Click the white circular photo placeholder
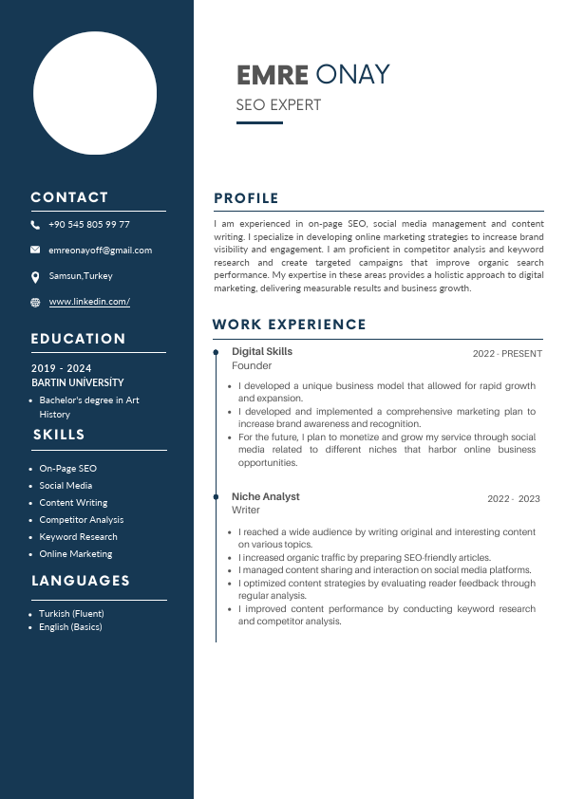(95, 93)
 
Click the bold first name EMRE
(273, 75)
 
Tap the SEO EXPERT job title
(278, 105)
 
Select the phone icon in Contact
(35, 225)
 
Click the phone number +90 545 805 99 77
(89, 225)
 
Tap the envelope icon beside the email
(35, 251)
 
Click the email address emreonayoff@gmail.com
(100, 251)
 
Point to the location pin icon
(35, 276)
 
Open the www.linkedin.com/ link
(89, 302)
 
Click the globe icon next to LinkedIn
(35, 302)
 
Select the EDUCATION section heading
(78, 339)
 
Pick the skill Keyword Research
(78, 537)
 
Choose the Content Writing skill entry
(73, 503)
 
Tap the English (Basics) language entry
(70, 627)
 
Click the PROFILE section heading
(246, 198)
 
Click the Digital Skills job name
(262, 352)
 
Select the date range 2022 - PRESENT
(507, 354)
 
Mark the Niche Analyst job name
(265, 497)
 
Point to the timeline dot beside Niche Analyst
(217, 497)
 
